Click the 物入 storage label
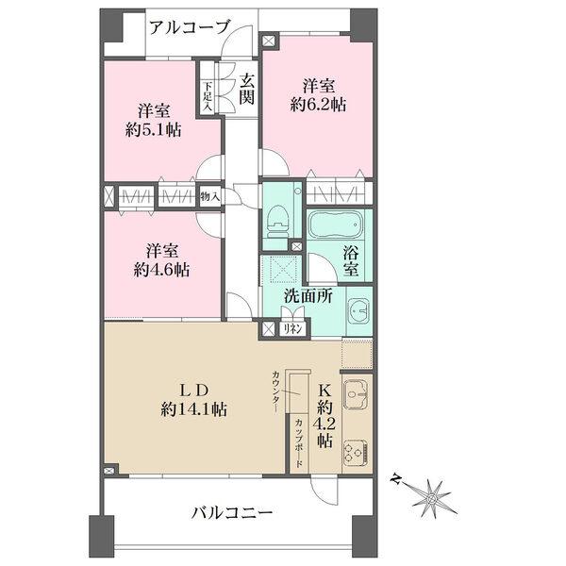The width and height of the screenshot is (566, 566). pos(209,196)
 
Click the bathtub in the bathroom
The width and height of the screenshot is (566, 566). pos(336,228)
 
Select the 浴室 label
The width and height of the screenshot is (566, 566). pos(351,259)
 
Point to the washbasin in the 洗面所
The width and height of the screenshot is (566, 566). pos(358,310)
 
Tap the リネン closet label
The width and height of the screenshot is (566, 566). pos(292,329)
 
